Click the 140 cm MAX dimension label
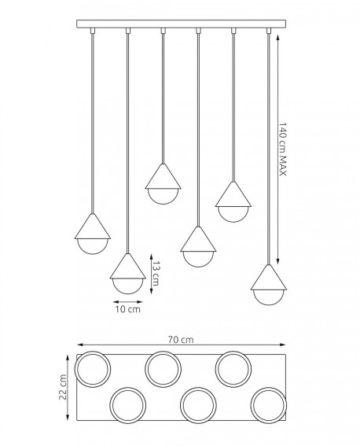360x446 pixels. click(282, 149)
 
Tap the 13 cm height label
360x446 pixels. click(156, 274)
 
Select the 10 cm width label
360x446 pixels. click(128, 309)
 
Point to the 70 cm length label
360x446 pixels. click(181, 340)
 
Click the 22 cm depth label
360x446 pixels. click(63, 387)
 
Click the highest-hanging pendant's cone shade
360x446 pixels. click(163, 176)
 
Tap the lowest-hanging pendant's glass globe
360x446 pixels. click(269, 297)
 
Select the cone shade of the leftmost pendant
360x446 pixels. click(93, 226)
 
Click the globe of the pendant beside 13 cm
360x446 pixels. click(128, 286)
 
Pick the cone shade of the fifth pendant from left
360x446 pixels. click(233, 194)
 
